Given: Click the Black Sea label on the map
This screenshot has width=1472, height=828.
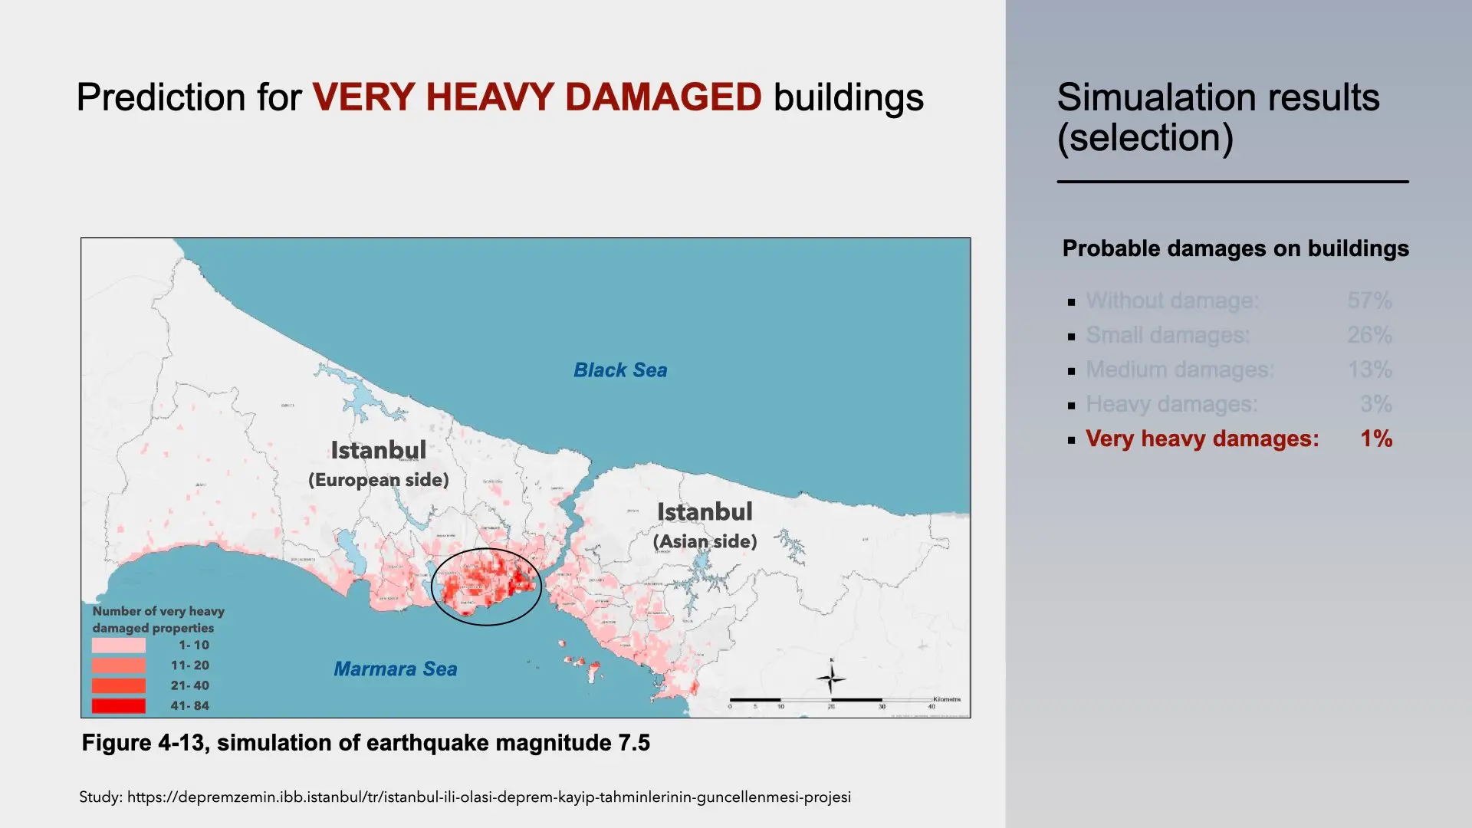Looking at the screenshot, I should [620, 370].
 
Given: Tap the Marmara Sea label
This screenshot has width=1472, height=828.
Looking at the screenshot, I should [395, 669].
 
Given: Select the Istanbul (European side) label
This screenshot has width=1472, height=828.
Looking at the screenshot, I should [378, 464].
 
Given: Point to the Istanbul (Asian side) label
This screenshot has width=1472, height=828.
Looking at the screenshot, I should [705, 526].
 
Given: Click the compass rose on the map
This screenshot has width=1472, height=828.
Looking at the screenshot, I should [831, 678].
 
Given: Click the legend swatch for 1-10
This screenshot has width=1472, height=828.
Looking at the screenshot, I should [118, 646].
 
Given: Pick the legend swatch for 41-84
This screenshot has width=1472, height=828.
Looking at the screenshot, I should [118, 706].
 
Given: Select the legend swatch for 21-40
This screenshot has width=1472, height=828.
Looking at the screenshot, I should [118, 686].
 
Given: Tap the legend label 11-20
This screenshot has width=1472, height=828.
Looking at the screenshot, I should [189, 665].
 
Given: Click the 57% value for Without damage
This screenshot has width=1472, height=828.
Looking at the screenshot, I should [1369, 301].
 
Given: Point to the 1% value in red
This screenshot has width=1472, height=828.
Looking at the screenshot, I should [1376, 439].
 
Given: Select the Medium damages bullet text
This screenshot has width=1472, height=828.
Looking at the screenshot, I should [1179, 370].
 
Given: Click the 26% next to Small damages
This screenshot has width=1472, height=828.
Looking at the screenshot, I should [1369, 335].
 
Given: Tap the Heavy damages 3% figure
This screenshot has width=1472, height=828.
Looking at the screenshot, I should [1375, 404].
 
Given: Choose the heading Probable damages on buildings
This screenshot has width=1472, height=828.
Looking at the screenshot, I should [1235, 248].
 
